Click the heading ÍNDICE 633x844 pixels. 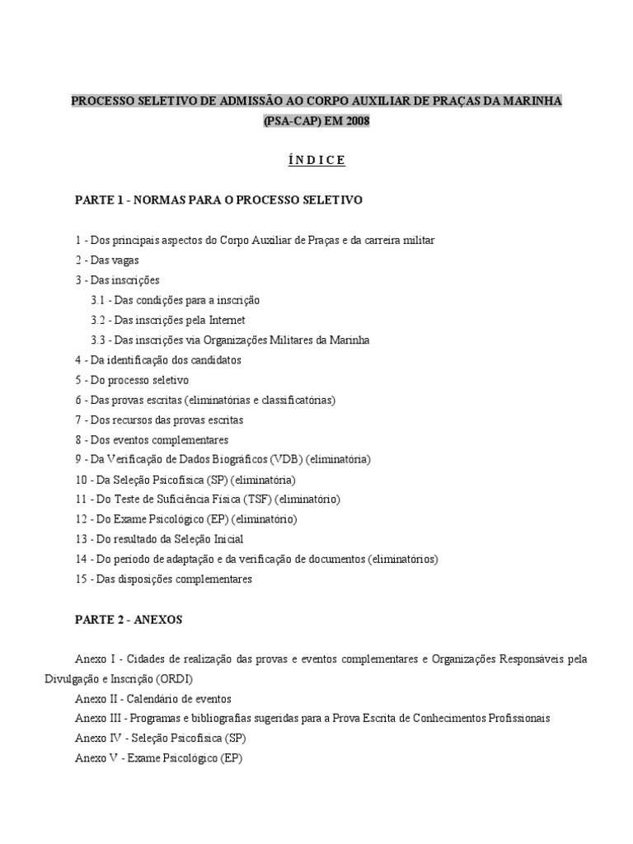[316, 160]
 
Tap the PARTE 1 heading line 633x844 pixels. [218, 200]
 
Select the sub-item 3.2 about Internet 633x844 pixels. [168, 320]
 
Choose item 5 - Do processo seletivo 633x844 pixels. [132, 380]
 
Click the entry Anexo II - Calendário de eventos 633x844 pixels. [152, 698]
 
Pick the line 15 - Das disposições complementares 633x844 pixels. [163, 579]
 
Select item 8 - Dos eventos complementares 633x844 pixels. [152, 439]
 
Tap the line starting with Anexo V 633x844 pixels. [158, 757]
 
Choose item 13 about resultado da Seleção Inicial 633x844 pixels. [171, 539]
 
